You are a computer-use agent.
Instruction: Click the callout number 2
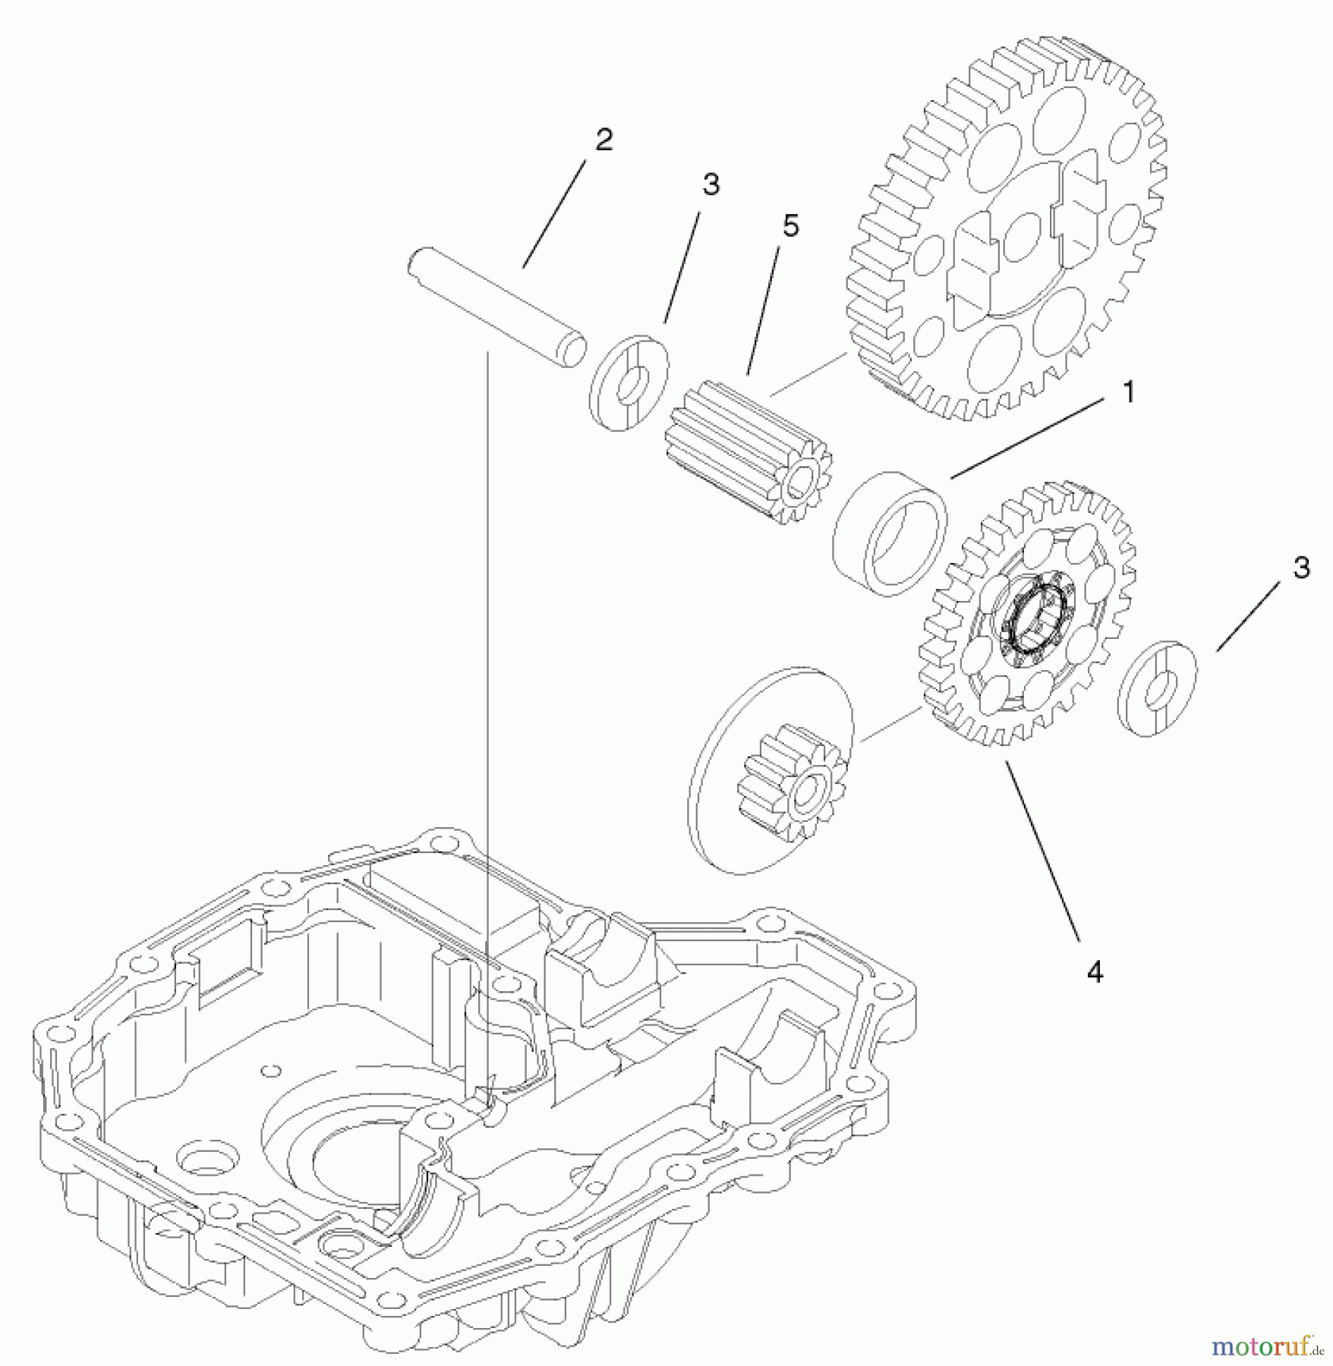point(603,140)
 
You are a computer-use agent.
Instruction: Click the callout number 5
point(790,226)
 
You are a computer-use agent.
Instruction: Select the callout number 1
point(1128,393)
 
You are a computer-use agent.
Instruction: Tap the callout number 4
point(1094,972)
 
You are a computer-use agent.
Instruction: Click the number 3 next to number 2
point(710,184)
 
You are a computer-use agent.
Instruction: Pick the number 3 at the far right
point(1301,568)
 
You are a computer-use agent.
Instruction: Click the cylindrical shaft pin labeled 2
point(493,304)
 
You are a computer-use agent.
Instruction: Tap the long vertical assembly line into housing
point(487,683)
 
